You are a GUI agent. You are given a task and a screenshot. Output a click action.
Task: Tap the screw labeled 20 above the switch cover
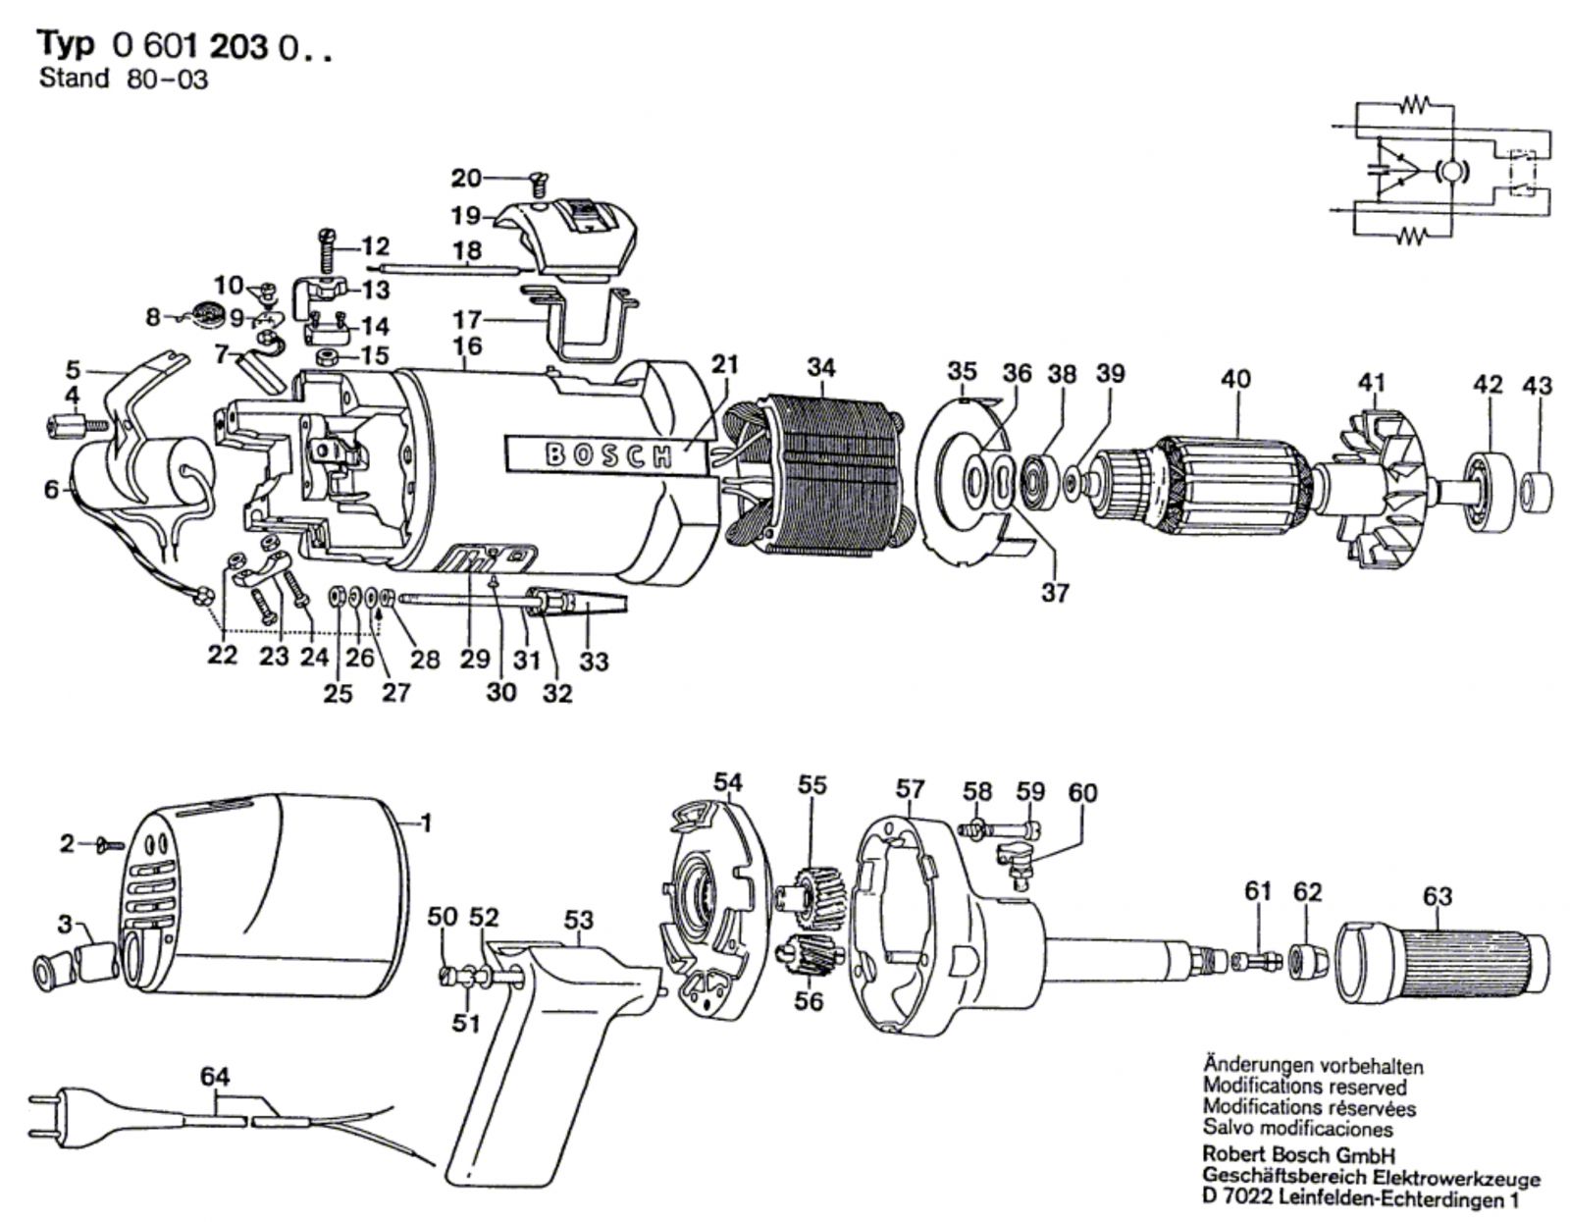pyautogui.click(x=538, y=181)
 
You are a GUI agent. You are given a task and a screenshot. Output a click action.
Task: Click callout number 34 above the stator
pyautogui.click(x=821, y=368)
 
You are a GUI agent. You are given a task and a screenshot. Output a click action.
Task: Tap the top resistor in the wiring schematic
pyautogui.click(x=1415, y=103)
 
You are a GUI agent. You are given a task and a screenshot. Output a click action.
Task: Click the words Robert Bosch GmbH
pyautogui.click(x=1298, y=1155)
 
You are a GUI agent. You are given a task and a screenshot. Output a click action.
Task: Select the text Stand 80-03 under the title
pyautogui.click(x=124, y=80)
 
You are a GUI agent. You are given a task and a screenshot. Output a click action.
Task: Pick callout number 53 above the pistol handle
pyautogui.click(x=579, y=920)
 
